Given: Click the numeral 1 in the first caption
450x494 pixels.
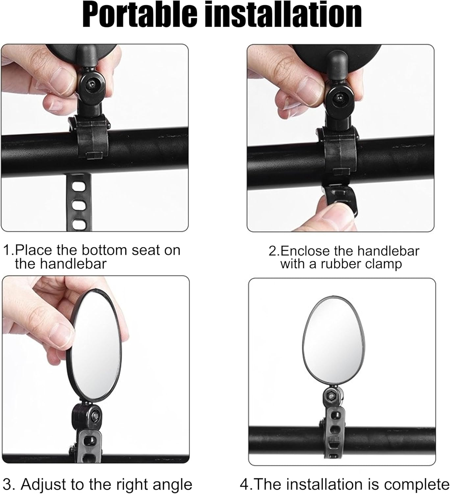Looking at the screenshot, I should (x=7, y=250).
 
